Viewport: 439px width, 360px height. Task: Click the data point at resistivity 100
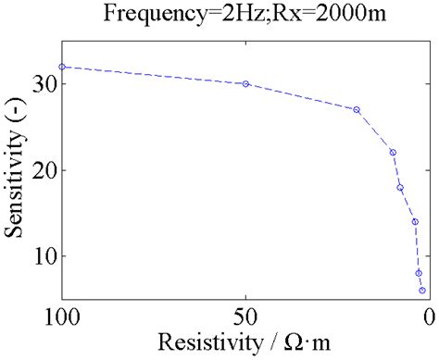62,67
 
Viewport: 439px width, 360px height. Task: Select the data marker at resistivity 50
245,83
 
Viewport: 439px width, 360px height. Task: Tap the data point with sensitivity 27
357,109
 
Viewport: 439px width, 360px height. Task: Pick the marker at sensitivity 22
393,153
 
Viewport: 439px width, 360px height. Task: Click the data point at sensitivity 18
400,187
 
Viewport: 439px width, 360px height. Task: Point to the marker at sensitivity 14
415,221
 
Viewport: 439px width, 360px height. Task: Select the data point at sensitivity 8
419,273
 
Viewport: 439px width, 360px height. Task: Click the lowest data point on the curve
422,291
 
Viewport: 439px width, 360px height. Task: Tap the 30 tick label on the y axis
44,84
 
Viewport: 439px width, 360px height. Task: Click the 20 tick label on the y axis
44,170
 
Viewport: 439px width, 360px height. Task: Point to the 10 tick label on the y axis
44,256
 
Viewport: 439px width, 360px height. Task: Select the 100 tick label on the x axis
62,317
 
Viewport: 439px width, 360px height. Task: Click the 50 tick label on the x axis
245,317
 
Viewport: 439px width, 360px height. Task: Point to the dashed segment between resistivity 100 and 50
154,75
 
